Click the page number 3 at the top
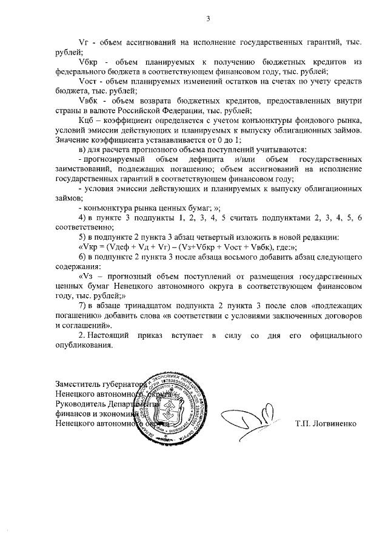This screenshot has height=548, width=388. click(x=207, y=18)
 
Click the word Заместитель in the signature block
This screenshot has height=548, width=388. click(x=79, y=383)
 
